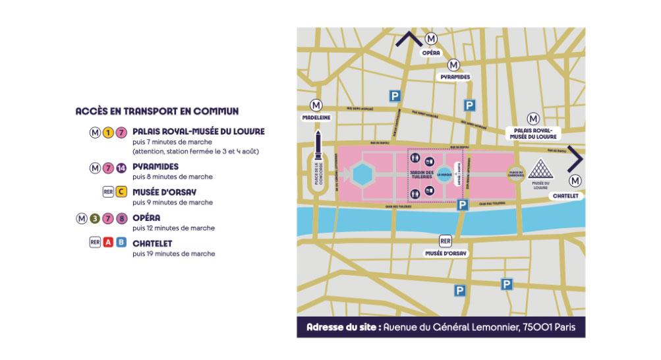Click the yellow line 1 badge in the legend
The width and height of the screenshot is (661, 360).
pos(107,132)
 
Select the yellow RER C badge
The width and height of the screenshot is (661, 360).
pos(121,193)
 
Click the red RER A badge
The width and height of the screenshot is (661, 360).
pos(108,243)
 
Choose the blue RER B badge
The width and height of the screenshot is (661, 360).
pos(121,243)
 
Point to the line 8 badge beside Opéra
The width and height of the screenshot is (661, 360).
pos(121,218)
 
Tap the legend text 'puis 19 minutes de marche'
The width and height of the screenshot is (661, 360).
pos(173,253)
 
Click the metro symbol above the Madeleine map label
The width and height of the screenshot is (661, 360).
pos(316,105)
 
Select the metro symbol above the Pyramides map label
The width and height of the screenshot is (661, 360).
pos(453,65)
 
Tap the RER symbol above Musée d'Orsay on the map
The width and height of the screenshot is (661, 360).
pos(445,241)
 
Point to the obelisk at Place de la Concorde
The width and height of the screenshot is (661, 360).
pos(318,148)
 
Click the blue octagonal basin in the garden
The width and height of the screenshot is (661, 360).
pos(362,175)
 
